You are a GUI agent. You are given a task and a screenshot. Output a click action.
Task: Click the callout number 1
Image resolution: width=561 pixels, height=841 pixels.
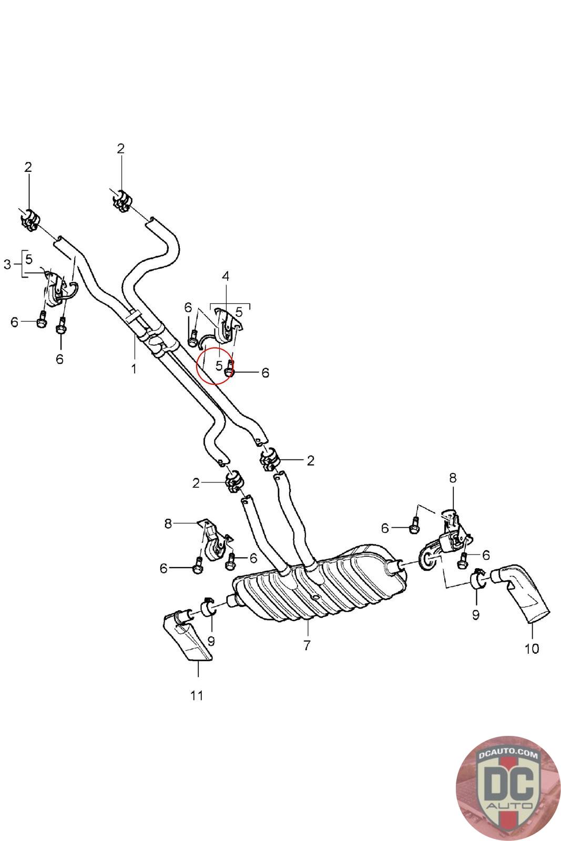(x=134, y=368)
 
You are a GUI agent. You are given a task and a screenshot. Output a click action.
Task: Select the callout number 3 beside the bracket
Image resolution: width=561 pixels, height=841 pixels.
(x=7, y=264)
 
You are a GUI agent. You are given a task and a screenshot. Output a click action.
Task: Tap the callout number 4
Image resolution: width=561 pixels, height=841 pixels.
(x=226, y=276)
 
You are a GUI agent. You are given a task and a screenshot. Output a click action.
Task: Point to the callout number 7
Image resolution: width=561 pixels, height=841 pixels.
(x=307, y=645)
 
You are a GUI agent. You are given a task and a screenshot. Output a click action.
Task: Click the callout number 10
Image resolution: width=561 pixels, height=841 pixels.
(x=532, y=649)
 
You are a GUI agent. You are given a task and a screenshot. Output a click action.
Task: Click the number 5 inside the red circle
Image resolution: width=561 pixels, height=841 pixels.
(x=219, y=365)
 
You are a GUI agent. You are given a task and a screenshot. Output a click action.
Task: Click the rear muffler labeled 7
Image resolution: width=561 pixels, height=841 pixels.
(x=319, y=584)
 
